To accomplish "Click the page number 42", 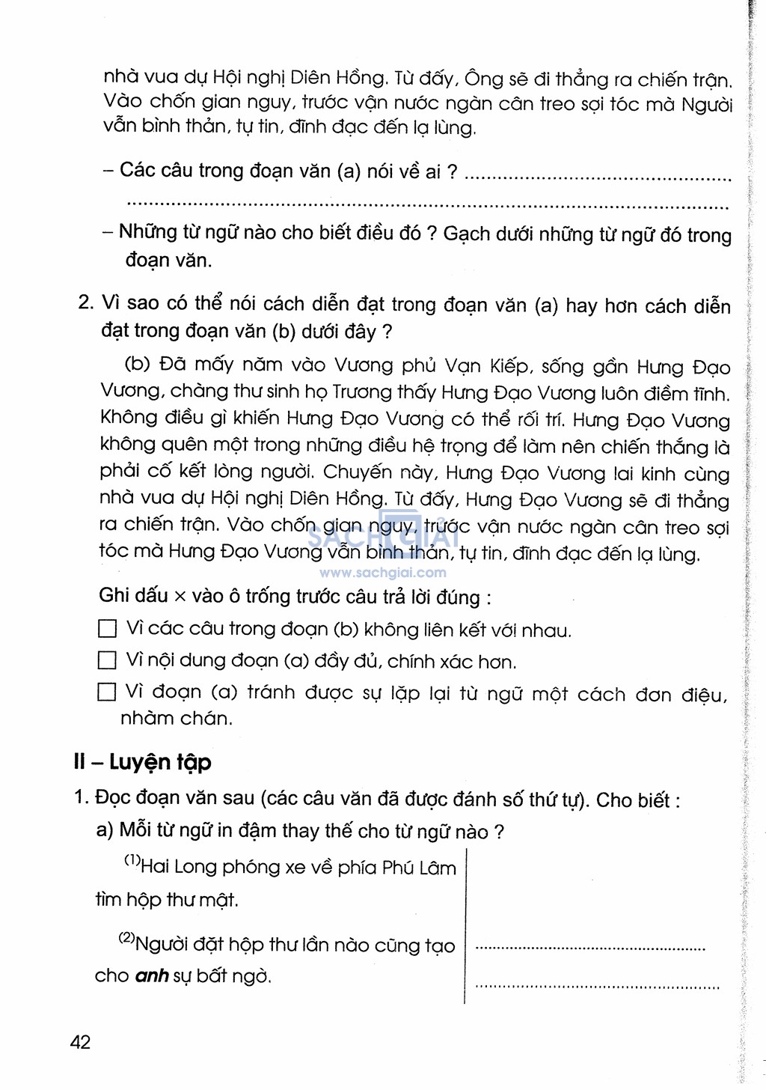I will click(x=80, y=1041).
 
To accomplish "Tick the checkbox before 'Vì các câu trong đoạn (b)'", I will click(x=108, y=628).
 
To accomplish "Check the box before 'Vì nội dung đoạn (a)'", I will click(x=108, y=660).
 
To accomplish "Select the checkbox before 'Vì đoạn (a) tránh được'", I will click(x=107, y=692).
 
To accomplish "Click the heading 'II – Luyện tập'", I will click(x=142, y=762).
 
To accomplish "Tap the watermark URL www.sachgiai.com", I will click(x=382, y=573).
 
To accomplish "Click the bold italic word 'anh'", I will click(x=152, y=976).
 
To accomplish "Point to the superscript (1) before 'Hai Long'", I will click(x=132, y=860).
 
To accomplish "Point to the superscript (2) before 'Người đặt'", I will click(x=126, y=938).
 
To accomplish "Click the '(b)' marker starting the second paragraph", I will click(x=138, y=365).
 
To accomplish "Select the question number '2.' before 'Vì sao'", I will click(x=86, y=302).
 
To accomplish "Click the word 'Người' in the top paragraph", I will click(x=706, y=104).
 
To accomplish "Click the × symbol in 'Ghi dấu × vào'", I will click(x=180, y=597).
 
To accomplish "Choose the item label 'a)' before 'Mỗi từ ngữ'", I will click(x=105, y=830).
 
